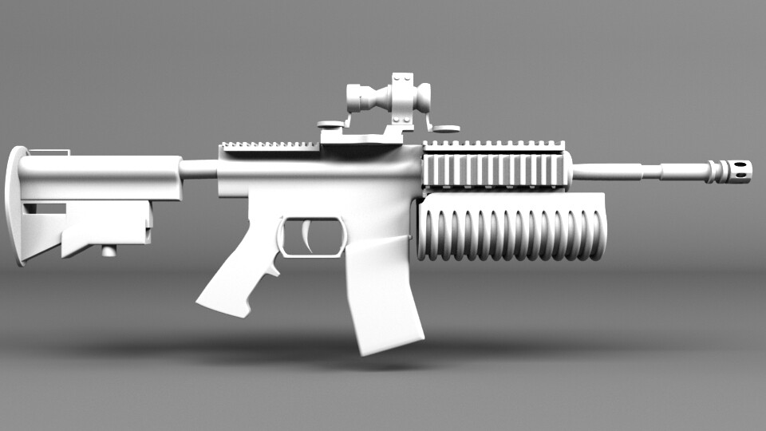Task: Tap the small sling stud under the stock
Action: click(108, 251)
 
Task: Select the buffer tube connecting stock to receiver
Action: click(199, 169)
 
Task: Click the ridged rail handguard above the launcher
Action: click(495, 168)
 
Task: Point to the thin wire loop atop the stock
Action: click(49, 152)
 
